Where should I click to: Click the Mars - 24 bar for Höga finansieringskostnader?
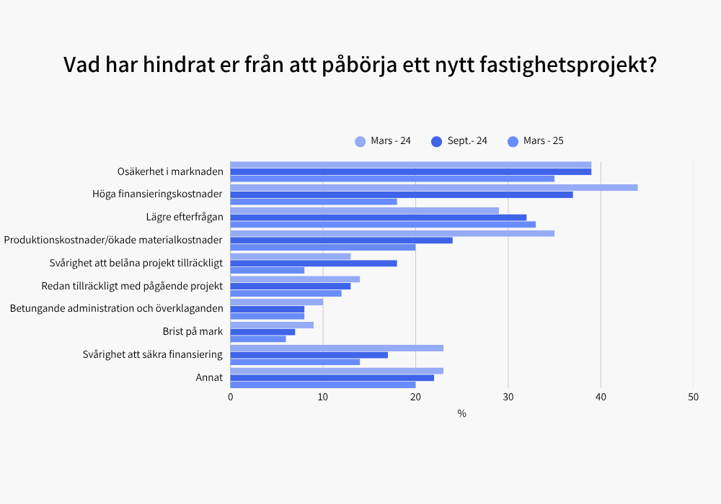point(433,187)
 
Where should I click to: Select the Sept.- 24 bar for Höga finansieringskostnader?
point(402,194)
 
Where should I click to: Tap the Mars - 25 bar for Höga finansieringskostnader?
point(314,202)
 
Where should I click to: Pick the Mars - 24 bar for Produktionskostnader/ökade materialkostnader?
point(392,233)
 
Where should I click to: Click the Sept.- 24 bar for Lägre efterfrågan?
point(379,217)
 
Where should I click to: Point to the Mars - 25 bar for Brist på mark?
point(258,339)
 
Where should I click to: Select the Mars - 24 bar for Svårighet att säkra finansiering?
point(337,348)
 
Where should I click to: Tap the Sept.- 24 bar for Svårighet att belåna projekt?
point(314,264)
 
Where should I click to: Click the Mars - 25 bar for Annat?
point(323,385)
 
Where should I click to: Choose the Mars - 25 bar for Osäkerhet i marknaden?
point(392,179)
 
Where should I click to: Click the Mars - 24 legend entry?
point(383,141)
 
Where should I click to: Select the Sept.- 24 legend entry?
point(459,141)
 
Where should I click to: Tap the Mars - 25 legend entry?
point(536,141)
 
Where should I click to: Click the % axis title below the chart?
point(461,414)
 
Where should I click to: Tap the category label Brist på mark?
point(193,332)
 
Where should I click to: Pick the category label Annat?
point(209,378)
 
